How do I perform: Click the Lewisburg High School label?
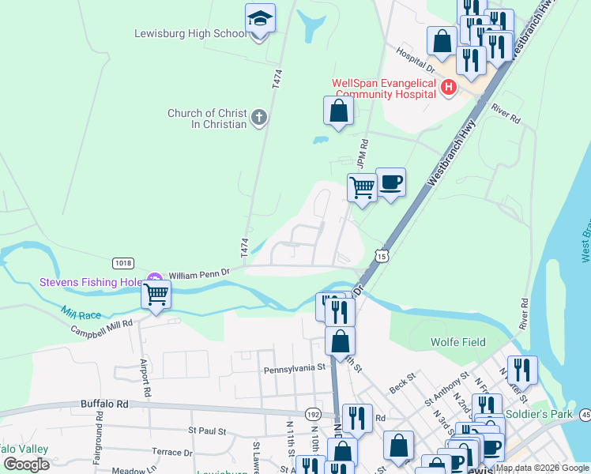tap(190, 33)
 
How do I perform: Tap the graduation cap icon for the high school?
tap(260, 19)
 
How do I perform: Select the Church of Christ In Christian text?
tap(206, 118)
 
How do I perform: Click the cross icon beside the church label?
tap(258, 118)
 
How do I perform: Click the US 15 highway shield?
tap(382, 256)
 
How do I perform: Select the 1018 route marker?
tap(122, 263)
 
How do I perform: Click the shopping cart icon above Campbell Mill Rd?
tap(156, 295)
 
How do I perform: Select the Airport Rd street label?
tap(146, 379)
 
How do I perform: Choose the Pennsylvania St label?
tap(294, 368)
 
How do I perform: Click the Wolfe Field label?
tap(457, 343)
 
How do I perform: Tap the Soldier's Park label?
tap(551, 414)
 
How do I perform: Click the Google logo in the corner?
tap(27, 464)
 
